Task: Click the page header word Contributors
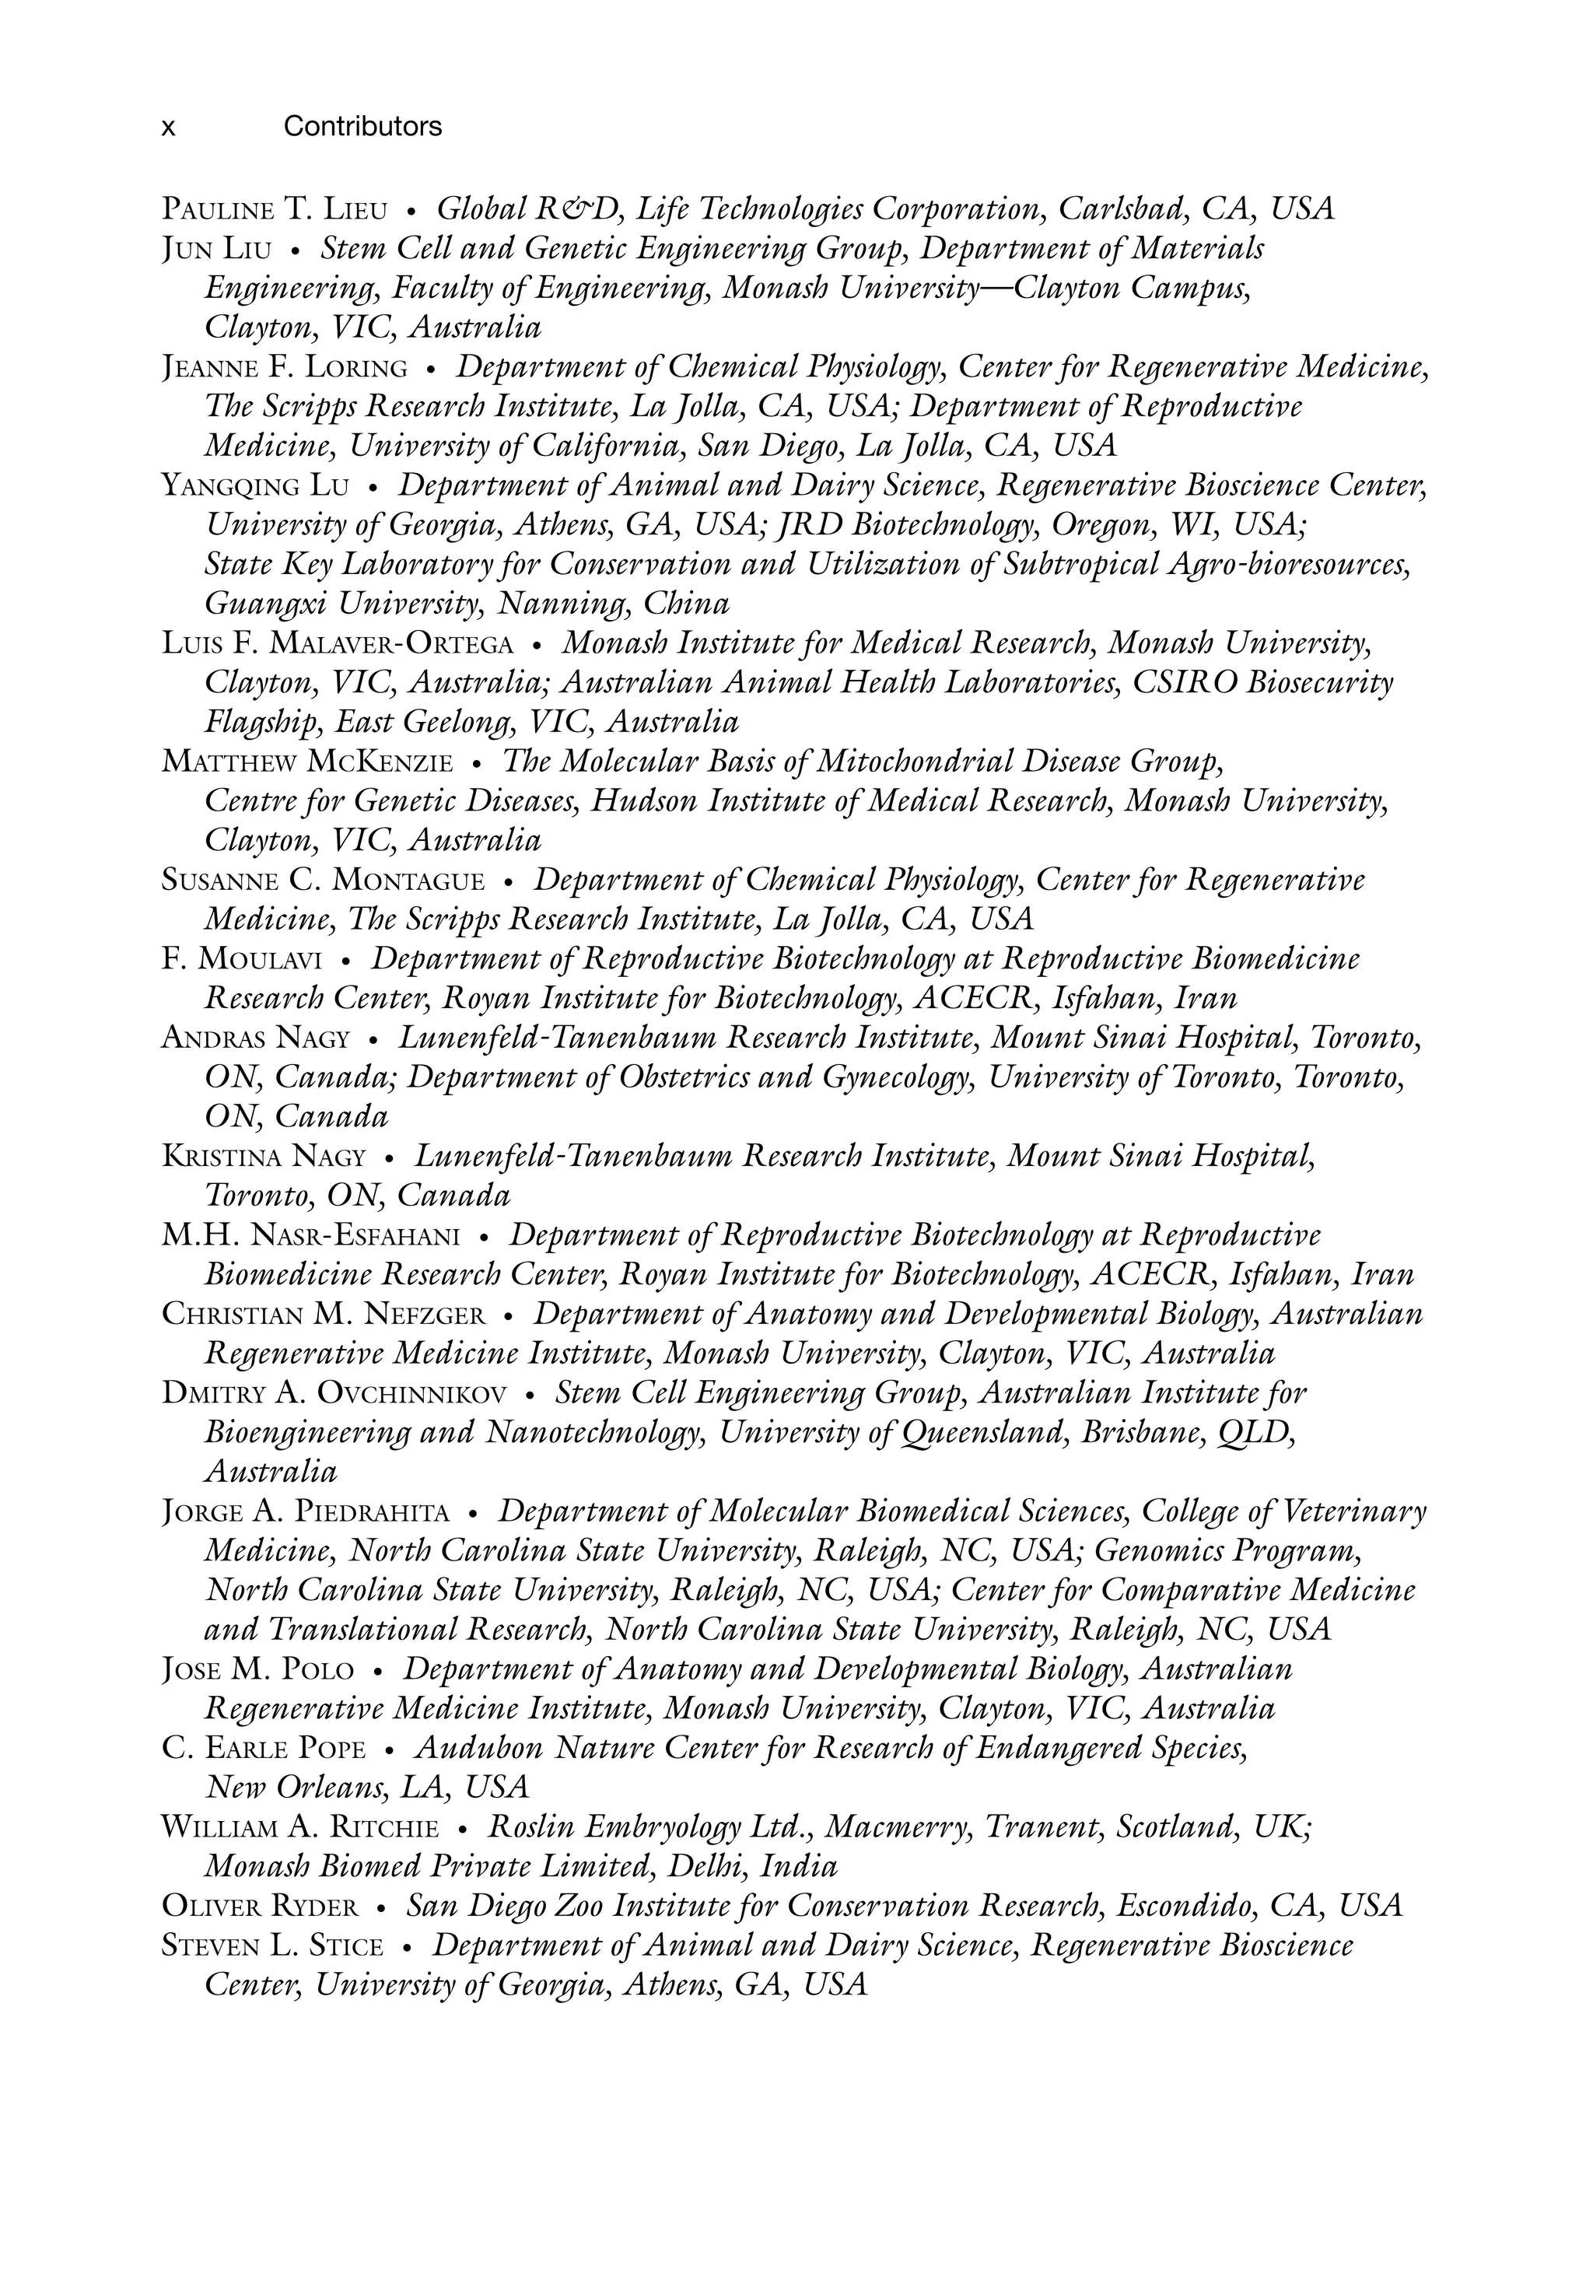click(x=362, y=127)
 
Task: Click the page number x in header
click(x=168, y=128)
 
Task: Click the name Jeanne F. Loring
click(x=284, y=368)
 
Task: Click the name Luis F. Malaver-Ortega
click(x=338, y=644)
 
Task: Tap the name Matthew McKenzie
click(x=307, y=763)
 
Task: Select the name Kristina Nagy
click(x=264, y=1156)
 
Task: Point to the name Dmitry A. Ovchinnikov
click(x=334, y=1394)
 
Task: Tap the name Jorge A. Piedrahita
click(x=305, y=1511)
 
